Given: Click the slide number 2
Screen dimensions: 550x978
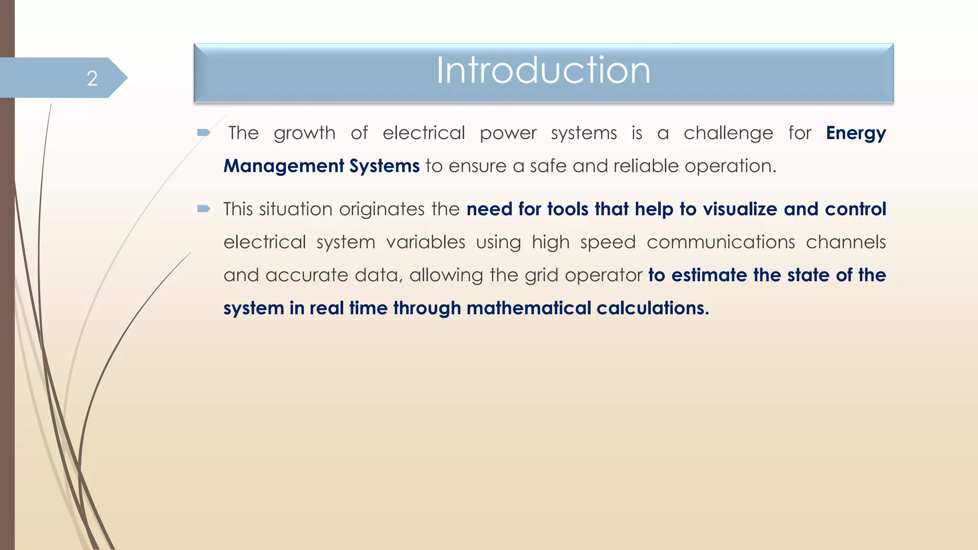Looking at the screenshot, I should (92, 78).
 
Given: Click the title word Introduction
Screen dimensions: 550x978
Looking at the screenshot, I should (543, 71).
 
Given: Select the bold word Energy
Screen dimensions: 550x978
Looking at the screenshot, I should (856, 133).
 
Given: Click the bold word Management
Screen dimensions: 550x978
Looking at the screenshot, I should (284, 166).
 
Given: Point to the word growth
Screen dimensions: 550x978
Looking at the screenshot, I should (305, 133).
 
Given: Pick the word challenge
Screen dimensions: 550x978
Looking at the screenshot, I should (728, 133).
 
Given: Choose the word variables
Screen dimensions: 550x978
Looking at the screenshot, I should (425, 242).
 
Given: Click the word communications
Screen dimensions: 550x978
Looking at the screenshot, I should (721, 242).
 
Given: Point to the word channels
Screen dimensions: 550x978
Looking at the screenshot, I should (846, 242).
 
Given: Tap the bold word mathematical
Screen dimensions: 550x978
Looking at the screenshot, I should (529, 308).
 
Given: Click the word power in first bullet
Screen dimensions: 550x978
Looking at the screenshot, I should (508, 133).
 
